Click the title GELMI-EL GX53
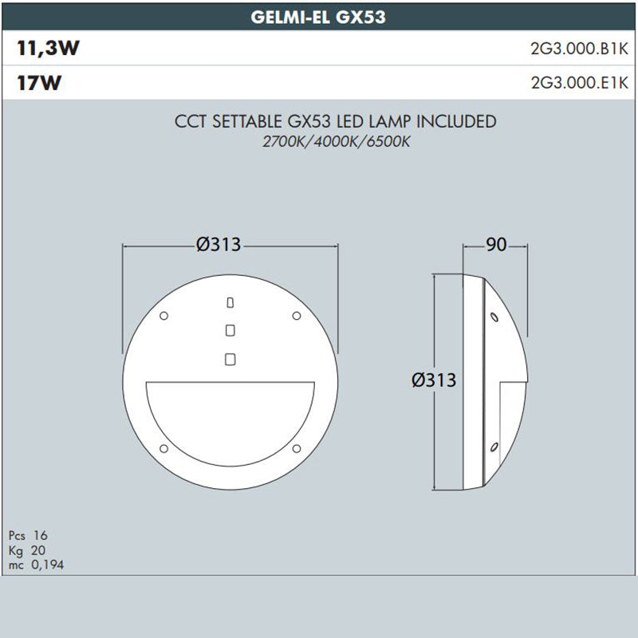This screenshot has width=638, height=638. coord(318,18)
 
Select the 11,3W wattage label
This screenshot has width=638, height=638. coord(48,49)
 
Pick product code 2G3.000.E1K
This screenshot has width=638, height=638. coord(579,83)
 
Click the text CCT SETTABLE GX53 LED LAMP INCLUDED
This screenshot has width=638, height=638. coord(335,122)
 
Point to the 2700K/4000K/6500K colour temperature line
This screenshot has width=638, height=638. coord(335,141)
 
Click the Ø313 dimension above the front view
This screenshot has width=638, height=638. coord(218,245)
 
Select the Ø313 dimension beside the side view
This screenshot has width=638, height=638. coord(434,380)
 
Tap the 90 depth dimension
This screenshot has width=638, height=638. coord(496,245)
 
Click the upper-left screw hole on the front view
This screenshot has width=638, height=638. coord(163,316)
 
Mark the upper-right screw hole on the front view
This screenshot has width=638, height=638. coord(296,316)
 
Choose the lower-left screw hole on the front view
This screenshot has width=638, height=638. coord(163,447)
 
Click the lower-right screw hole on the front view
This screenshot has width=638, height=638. coord(296,447)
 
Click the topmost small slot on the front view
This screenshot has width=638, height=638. coord(230,302)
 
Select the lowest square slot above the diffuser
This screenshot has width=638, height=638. coord(230,359)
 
